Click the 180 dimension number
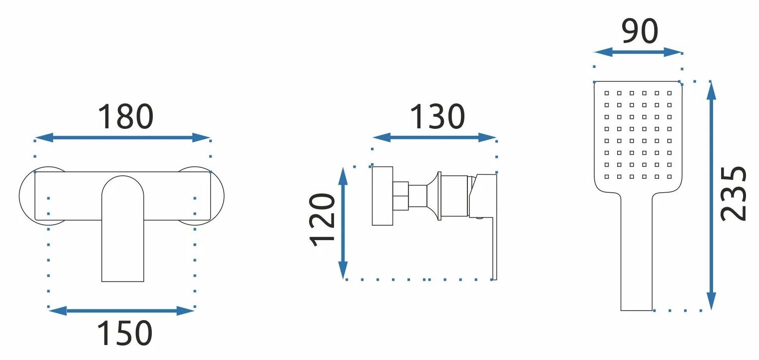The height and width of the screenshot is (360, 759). [x=126, y=116]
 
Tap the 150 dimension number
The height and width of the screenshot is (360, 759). [x=125, y=333]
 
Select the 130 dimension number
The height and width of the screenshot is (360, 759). [x=437, y=116]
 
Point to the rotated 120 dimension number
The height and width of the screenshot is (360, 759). [x=322, y=220]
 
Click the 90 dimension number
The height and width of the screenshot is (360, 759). [x=640, y=31]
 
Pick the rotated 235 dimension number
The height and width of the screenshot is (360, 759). [x=734, y=194]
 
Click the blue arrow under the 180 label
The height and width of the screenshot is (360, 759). [x=123, y=137]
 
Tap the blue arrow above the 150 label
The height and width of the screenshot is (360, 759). [x=122, y=311]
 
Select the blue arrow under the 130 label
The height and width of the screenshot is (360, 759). [x=434, y=137]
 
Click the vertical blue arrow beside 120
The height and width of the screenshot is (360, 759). [x=343, y=223]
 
